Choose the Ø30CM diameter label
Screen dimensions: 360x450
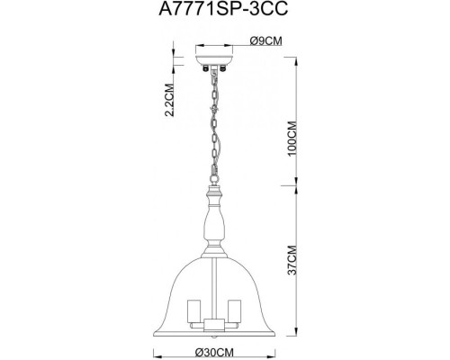222,352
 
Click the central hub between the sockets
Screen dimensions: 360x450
214,319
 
